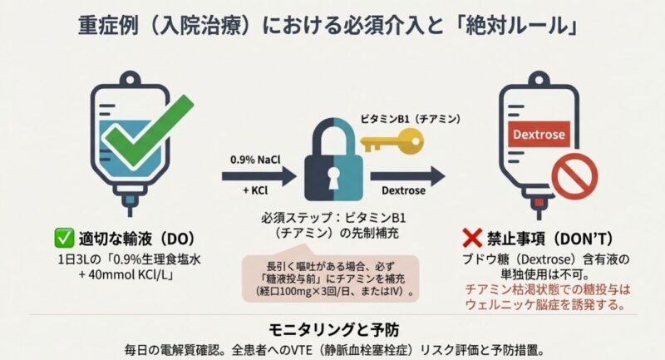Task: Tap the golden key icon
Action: pos(392,141)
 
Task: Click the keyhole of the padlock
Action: pos(333,178)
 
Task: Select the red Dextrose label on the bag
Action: pos(539,135)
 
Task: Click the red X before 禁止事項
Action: pos(472,239)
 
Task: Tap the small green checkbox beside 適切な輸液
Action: pos(64,238)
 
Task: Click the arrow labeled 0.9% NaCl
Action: pos(259,176)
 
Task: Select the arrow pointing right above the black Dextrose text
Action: pos(407,176)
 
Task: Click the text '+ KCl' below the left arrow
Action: pos(255,191)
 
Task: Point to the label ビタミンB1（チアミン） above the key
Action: pos(410,119)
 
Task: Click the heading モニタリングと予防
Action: pos(333,329)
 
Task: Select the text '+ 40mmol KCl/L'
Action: pos(127,274)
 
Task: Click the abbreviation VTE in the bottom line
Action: pos(301,350)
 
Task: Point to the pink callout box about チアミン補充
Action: pos(330,279)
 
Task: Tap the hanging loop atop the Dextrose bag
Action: pos(539,80)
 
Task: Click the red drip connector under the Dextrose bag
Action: pos(539,203)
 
